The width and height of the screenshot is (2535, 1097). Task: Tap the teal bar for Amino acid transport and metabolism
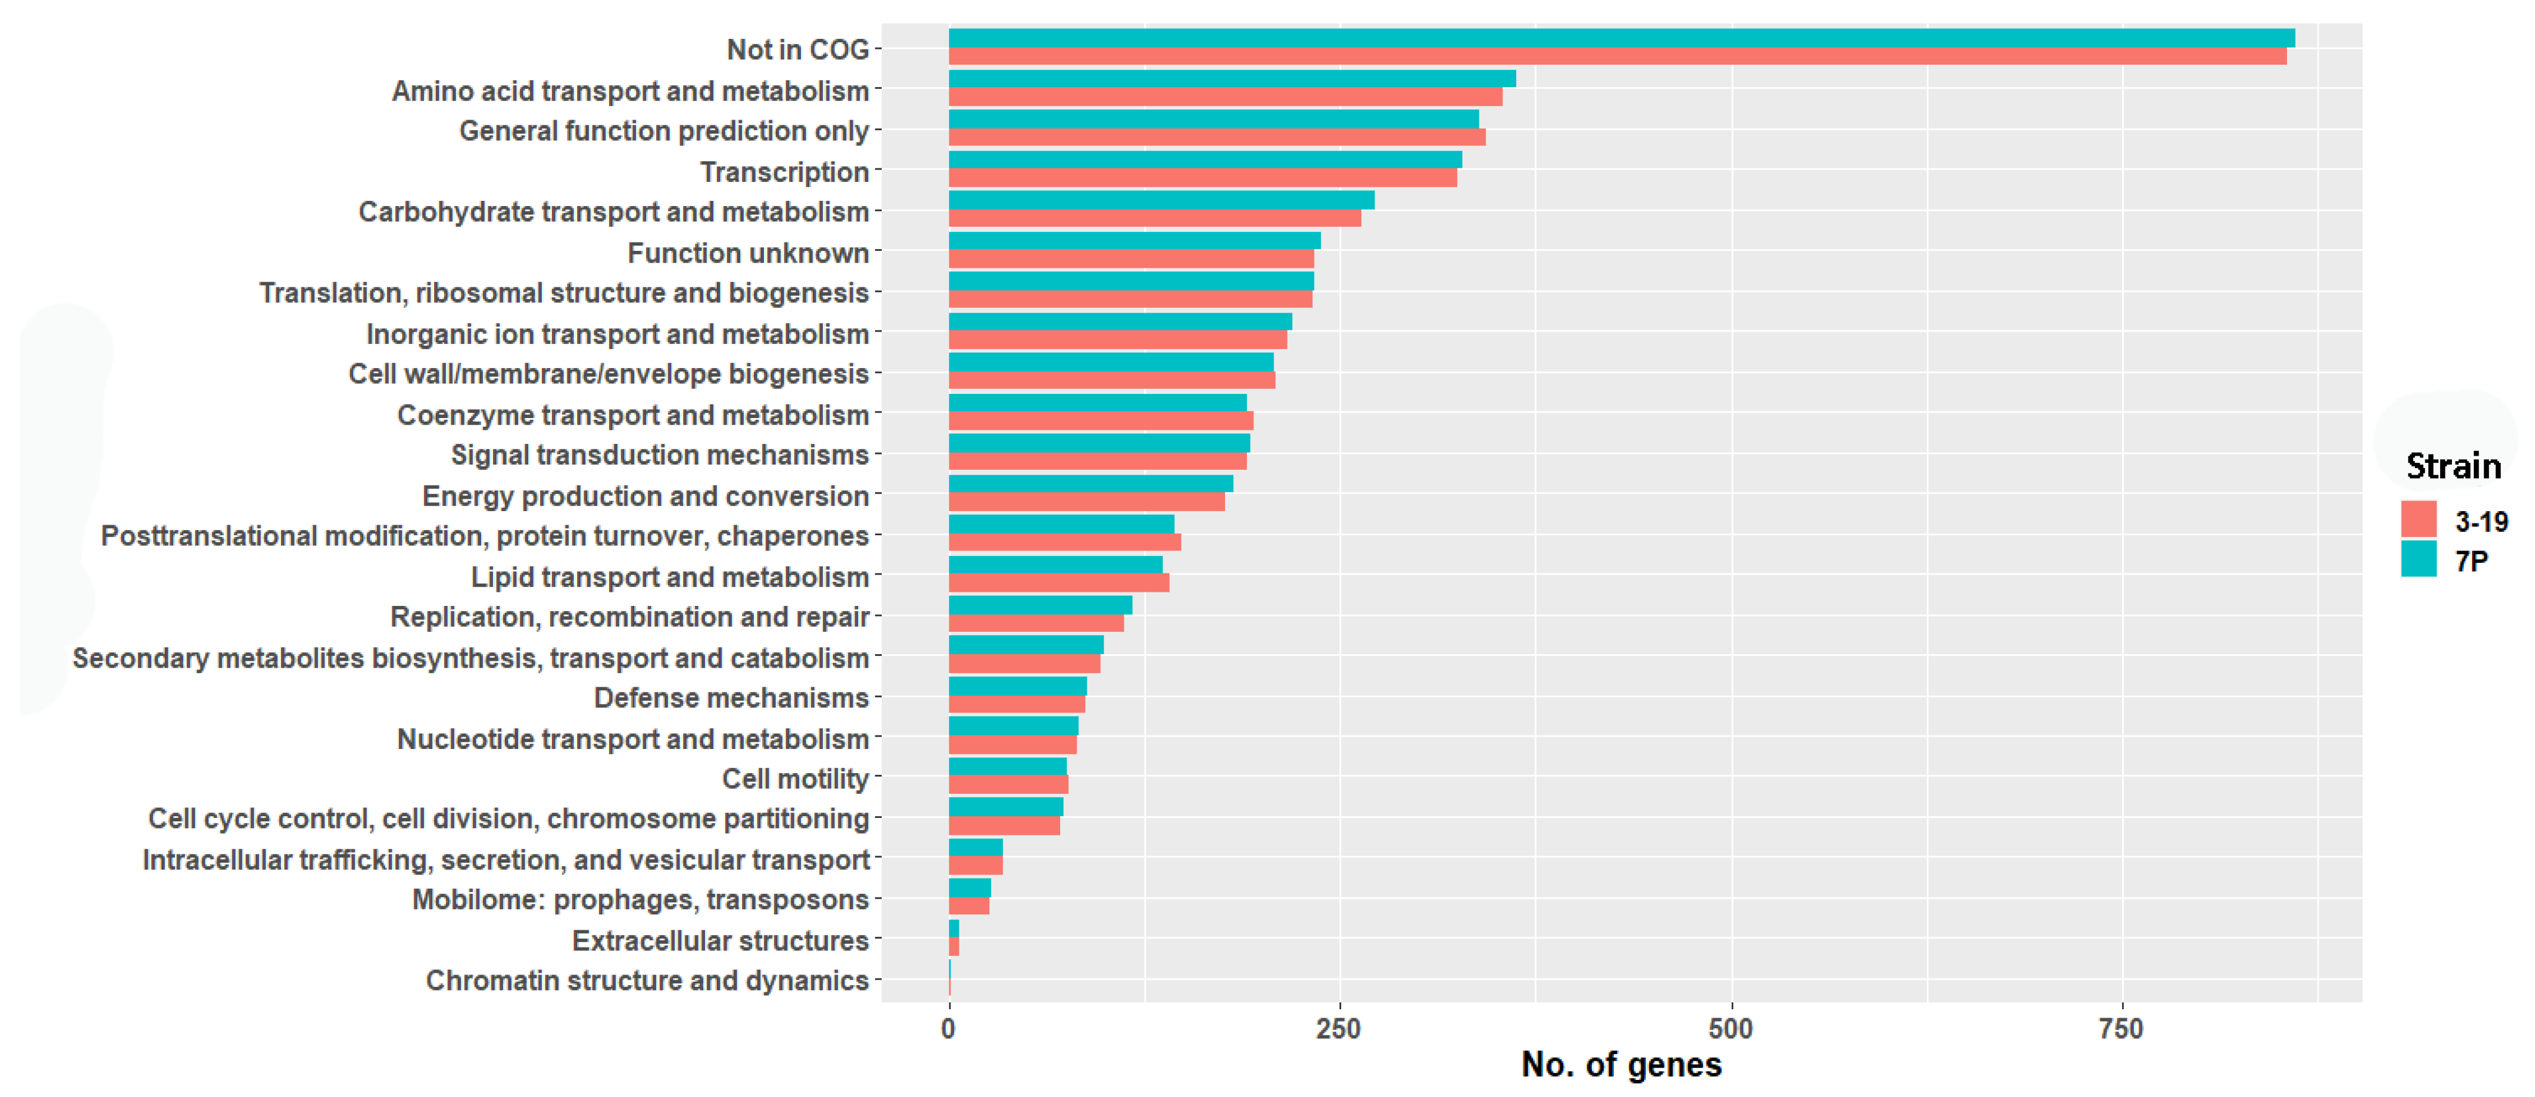[1231, 79]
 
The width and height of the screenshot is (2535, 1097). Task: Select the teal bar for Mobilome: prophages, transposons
[969, 887]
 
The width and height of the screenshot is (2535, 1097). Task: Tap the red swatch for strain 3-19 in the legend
[2418, 519]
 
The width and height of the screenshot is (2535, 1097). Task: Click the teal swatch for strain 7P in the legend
[2418, 559]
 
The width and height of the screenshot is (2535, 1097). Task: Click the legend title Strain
[2453, 466]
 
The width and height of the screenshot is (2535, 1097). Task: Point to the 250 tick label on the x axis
[1338, 1029]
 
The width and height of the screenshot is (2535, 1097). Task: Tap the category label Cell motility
[795, 779]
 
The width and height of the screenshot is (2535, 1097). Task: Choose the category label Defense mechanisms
[730, 698]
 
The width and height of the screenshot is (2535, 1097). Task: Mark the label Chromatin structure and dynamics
[647, 981]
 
